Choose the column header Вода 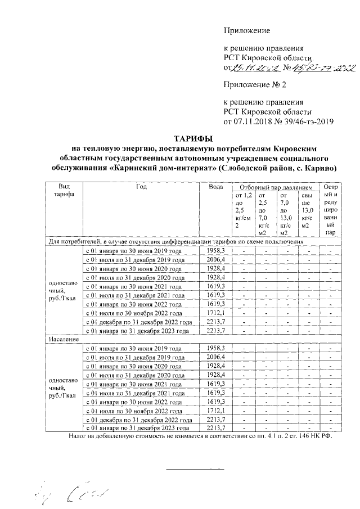coord(215,187)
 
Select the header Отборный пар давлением coord(275,187)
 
